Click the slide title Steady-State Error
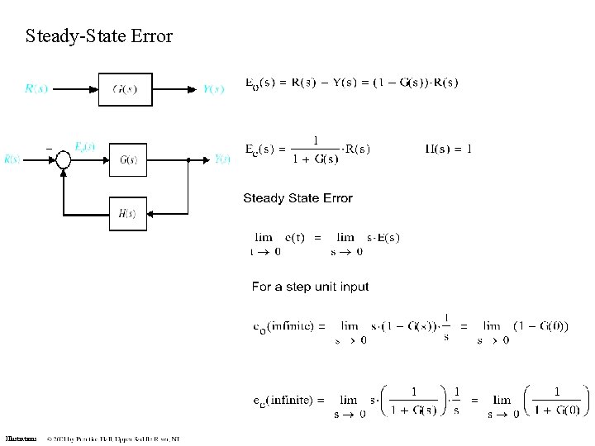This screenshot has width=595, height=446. coord(99,36)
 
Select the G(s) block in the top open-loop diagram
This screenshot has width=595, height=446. coord(125,89)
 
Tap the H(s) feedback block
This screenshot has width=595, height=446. coord(127,213)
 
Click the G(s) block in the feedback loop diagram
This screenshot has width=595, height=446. coord(127,160)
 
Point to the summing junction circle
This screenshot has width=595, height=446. coord(63,160)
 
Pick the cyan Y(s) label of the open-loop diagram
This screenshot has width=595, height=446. coord(213,89)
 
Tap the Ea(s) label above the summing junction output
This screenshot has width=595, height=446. coord(84,146)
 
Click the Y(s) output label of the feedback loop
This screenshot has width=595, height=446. coord(222,159)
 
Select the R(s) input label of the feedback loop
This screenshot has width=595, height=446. coord(12,159)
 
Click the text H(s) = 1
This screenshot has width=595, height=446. coord(449,149)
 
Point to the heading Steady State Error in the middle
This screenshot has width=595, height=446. coord(297,198)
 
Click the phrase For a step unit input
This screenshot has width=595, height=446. coord(310,287)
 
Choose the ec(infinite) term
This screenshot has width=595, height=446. coord(283,400)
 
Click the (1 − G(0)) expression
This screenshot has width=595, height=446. coord(540,326)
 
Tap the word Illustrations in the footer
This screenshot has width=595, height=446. coord(21,439)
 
